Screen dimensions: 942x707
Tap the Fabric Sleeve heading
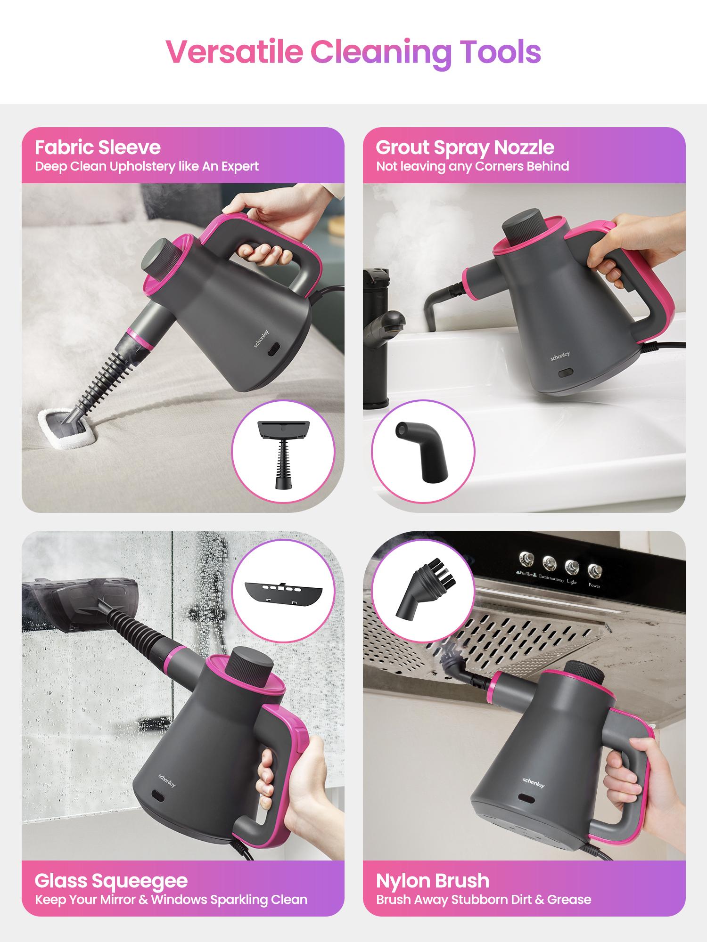point(98,147)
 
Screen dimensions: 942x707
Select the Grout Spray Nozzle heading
point(465,147)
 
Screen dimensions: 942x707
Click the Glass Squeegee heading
point(111,880)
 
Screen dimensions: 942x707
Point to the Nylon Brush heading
point(433,880)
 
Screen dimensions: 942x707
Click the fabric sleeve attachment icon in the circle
point(283,452)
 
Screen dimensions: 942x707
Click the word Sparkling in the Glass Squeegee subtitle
point(240,900)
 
